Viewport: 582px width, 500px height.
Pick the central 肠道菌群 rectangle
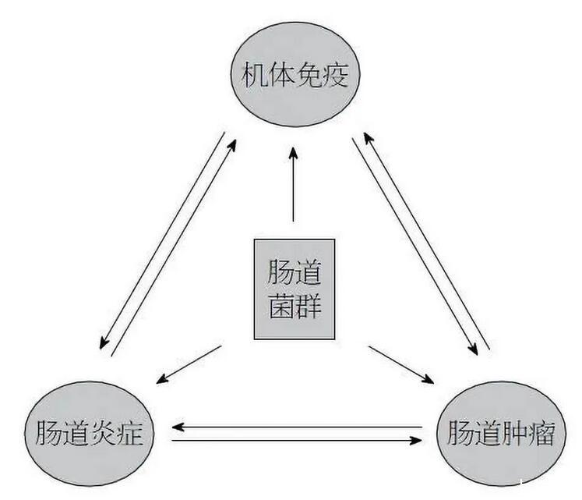click(294, 289)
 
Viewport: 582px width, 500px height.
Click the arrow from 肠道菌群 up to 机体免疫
click(294, 187)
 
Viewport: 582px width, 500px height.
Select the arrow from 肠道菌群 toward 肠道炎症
click(189, 364)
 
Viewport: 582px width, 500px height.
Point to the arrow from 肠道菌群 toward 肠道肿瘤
click(401, 364)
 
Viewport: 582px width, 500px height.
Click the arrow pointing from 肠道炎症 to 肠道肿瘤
click(296, 441)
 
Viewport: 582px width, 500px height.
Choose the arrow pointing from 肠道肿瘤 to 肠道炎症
click(296, 427)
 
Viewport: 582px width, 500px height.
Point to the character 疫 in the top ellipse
click(337, 76)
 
